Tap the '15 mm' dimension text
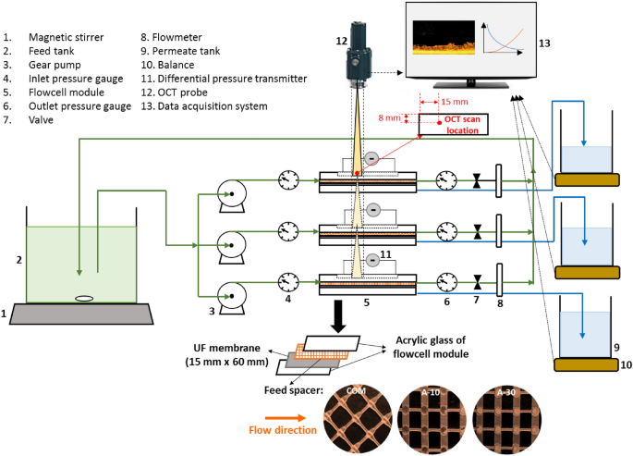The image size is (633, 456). (454, 101)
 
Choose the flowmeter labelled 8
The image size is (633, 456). (497, 280)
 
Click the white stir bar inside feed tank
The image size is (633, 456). (82, 298)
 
